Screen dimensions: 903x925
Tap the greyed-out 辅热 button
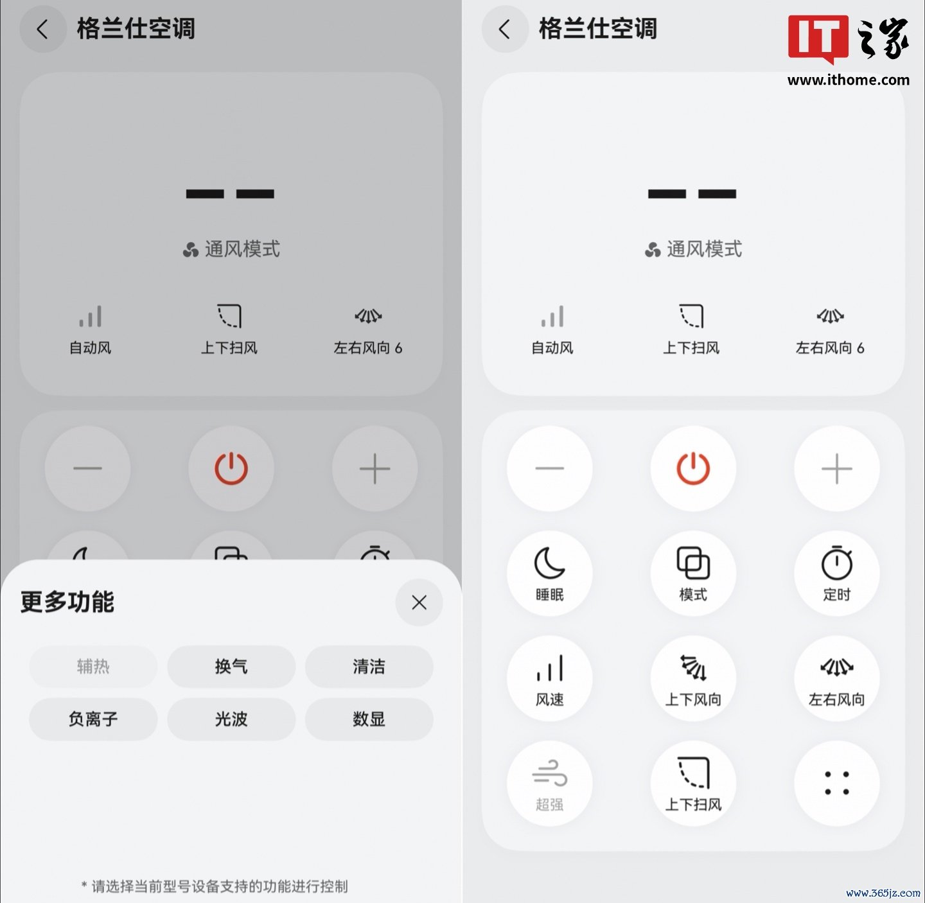coord(93,667)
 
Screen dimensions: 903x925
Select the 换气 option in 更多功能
coord(231,667)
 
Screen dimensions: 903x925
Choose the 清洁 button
coord(369,667)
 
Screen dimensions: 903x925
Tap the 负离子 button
coord(93,719)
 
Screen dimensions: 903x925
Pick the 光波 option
coord(231,719)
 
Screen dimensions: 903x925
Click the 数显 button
coord(369,719)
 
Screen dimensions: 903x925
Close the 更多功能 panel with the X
coord(419,602)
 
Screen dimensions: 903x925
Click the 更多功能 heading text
coord(67,602)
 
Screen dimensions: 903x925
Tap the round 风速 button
coord(549,678)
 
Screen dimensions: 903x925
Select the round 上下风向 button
coord(693,678)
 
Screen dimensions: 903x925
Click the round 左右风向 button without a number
coord(836,678)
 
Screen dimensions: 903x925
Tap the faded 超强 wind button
coord(549,783)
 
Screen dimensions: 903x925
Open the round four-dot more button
coord(836,783)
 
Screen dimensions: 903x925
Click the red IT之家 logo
coord(848,39)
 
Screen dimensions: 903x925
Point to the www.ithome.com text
coord(848,80)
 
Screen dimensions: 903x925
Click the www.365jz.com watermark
coord(883,893)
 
